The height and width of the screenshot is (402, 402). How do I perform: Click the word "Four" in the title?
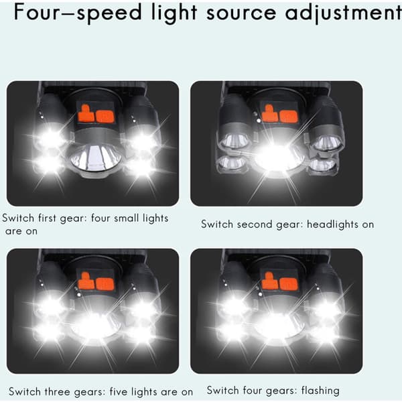(42, 12)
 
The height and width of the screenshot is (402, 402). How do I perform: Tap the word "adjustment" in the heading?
(343, 13)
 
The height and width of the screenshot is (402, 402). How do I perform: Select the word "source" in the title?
(241, 13)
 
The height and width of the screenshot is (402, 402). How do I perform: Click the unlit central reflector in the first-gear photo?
(95, 158)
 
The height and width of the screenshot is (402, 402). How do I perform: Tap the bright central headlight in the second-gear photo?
(279, 156)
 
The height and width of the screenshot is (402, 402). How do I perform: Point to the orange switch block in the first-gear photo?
(95, 114)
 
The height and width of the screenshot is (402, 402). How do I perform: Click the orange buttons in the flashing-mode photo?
(279, 281)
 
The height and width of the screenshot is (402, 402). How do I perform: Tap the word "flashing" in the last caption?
(320, 391)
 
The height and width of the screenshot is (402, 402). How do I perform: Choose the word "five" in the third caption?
(118, 391)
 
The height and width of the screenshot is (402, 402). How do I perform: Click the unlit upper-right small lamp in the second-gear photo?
(326, 143)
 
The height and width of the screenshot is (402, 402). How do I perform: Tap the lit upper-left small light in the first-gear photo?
(52, 139)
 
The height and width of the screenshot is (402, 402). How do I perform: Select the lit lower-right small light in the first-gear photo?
(140, 166)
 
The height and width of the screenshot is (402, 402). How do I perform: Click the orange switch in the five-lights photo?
(95, 281)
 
